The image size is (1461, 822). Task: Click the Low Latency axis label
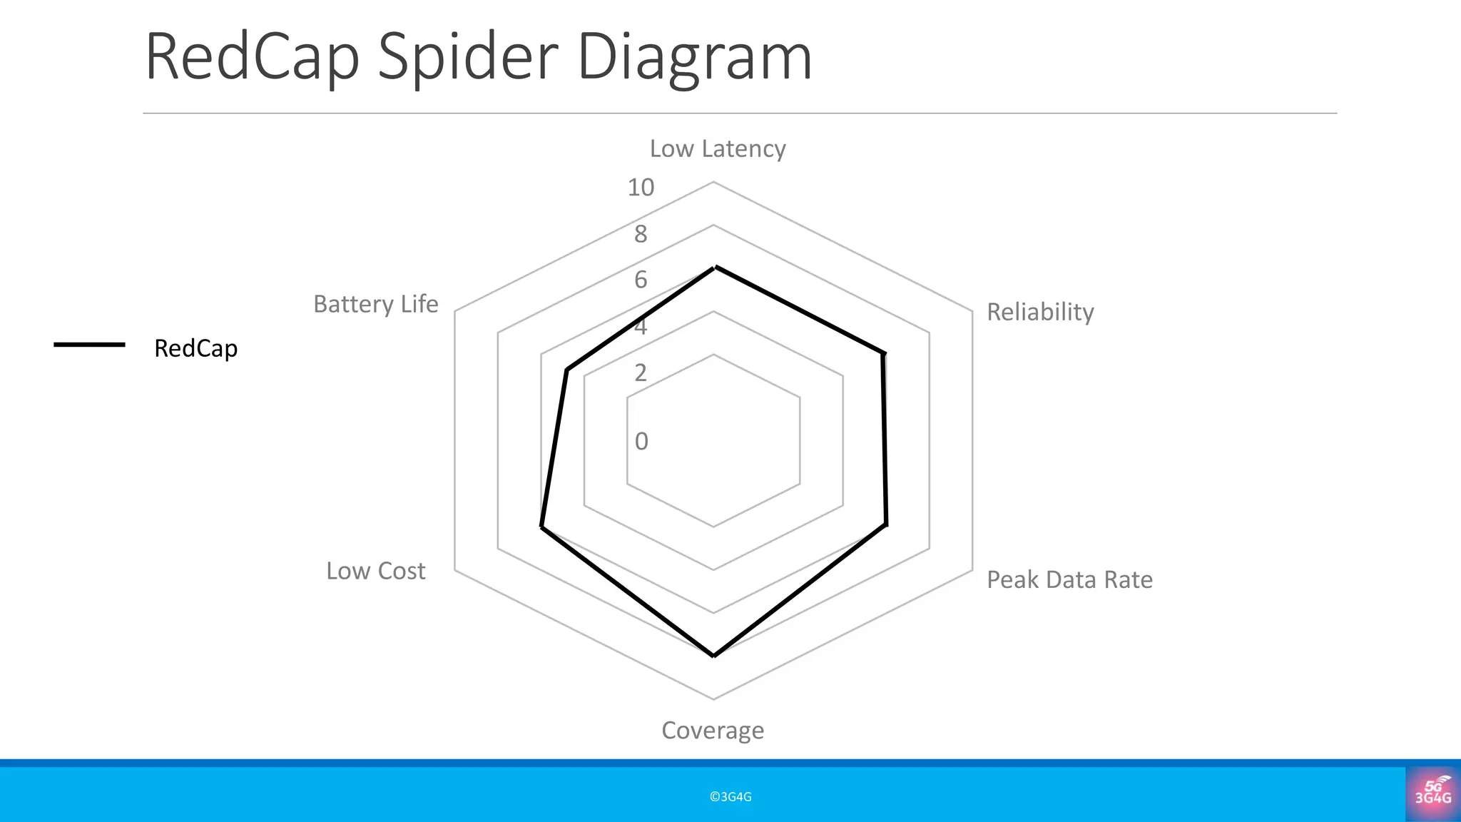pos(717,148)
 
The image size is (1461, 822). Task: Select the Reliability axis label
pos(1039,312)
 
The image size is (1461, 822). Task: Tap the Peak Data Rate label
pos(1069,579)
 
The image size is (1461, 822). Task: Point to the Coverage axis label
pos(712,730)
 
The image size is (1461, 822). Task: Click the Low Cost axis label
pos(375,571)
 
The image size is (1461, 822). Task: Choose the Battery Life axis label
pos(375,304)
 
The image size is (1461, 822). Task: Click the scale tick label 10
pos(640,188)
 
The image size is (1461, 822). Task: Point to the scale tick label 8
pos(641,234)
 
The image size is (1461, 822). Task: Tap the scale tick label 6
pos(641,280)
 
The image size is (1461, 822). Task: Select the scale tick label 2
pos(641,372)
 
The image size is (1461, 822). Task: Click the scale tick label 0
pos(641,441)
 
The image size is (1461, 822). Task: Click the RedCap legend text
pos(195,348)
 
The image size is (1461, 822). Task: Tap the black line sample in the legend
pos(89,345)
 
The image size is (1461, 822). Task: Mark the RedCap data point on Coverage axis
pos(713,655)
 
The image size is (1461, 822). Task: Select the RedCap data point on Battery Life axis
pos(566,370)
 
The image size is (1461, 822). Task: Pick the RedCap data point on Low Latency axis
pos(715,268)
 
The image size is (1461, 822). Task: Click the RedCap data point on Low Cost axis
pos(541,527)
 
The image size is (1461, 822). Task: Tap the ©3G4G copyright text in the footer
pos(730,797)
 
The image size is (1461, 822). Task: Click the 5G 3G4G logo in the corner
pos(1432,792)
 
